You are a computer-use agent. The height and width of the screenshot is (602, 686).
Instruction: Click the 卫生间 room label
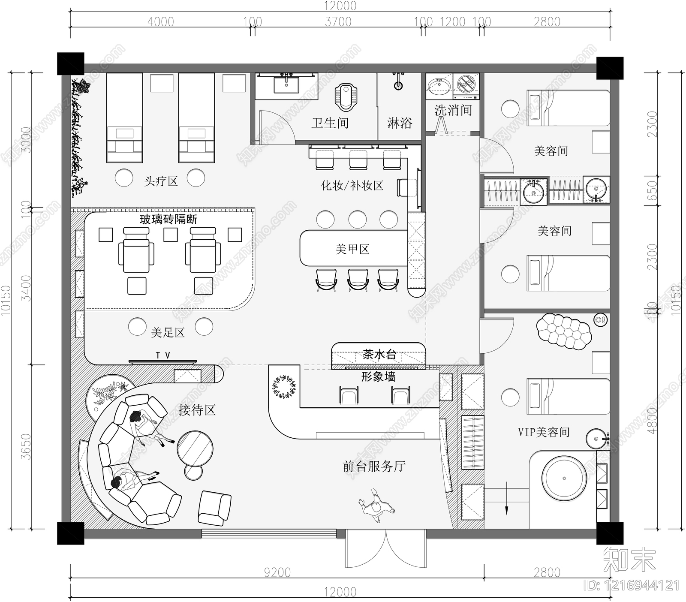pyautogui.click(x=330, y=123)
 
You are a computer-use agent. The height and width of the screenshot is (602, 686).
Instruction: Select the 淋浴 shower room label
pyautogui.click(x=400, y=123)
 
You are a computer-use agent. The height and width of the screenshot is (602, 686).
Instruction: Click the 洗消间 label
pyautogui.click(x=453, y=111)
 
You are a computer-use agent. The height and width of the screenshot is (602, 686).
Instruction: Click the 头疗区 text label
pyautogui.click(x=161, y=181)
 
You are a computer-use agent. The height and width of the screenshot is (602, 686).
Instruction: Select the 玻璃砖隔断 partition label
pyautogui.click(x=168, y=220)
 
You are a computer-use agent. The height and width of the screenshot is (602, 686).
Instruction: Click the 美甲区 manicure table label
pyautogui.click(x=352, y=249)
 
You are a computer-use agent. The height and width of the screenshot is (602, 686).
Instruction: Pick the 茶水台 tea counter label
pyautogui.click(x=379, y=354)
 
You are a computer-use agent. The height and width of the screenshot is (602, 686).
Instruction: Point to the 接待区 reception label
pyautogui.click(x=197, y=410)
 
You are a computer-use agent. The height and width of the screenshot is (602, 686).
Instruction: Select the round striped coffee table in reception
pyautogui.click(x=195, y=448)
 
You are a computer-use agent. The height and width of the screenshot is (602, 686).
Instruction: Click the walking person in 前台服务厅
pyautogui.click(x=377, y=506)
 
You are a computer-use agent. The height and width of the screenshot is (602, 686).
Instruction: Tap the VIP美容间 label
pyautogui.click(x=544, y=432)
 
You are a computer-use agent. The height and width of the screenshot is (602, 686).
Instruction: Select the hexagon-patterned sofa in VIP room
pyautogui.click(x=563, y=331)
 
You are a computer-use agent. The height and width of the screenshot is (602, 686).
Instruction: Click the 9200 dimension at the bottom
pyautogui.click(x=277, y=572)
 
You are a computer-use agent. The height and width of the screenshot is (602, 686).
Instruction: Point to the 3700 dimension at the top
pyautogui.click(x=338, y=21)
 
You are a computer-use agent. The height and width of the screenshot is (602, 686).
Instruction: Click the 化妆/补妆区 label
pyautogui.click(x=352, y=186)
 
